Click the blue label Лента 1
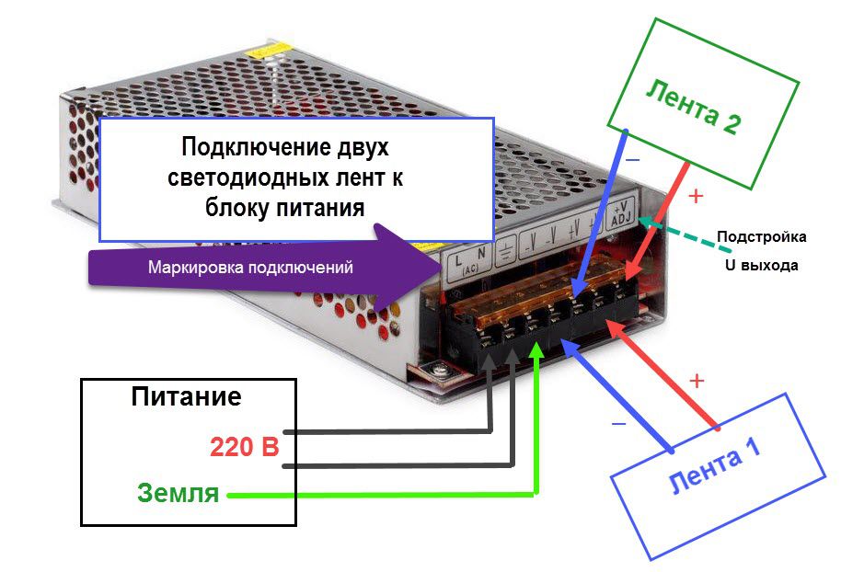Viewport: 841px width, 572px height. click(714, 469)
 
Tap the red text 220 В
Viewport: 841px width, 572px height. click(244, 448)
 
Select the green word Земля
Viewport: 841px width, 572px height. click(179, 493)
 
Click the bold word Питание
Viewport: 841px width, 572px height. click(186, 397)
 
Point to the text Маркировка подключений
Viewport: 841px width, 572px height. click(251, 269)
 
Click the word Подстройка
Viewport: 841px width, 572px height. click(762, 236)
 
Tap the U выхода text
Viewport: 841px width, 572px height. click(761, 265)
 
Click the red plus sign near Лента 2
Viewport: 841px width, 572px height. click(696, 196)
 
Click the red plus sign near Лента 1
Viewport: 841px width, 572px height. click(697, 380)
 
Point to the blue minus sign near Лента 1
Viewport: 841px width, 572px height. click(619, 424)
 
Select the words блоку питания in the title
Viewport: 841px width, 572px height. click(285, 208)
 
